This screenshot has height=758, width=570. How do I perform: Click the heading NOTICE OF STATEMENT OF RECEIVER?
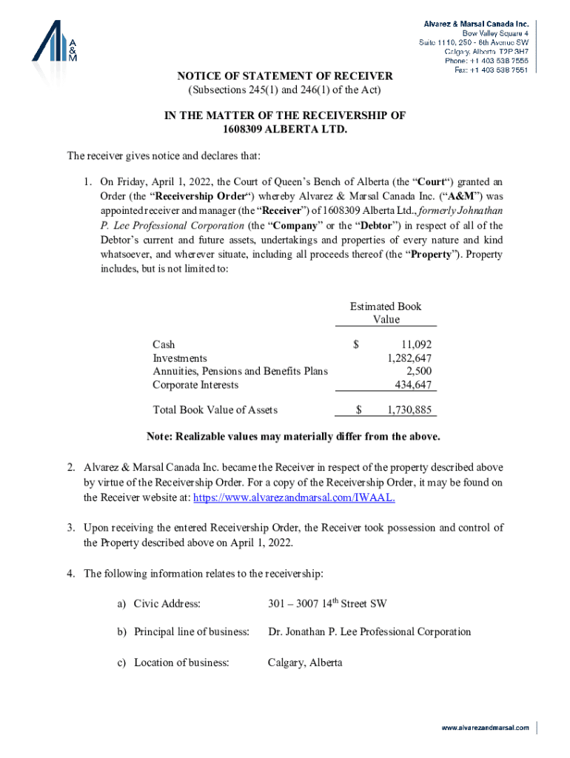(x=284, y=76)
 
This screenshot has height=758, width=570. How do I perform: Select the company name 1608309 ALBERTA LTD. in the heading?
(x=285, y=130)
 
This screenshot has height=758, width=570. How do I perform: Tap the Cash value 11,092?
(x=416, y=344)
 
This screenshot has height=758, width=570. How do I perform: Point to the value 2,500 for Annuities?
(x=419, y=372)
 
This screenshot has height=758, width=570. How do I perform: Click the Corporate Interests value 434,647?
(x=415, y=385)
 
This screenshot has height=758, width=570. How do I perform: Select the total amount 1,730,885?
(x=409, y=409)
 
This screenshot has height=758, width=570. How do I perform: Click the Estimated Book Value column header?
(x=386, y=312)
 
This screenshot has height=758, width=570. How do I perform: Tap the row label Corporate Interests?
(x=195, y=385)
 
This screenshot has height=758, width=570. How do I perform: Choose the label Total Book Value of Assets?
(x=215, y=409)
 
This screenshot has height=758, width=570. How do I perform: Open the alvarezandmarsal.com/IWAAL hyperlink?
(x=294, y=497)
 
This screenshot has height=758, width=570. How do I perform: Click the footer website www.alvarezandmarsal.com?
(x=486, y=728)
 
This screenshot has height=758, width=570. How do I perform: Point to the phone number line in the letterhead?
(x=485, y=61)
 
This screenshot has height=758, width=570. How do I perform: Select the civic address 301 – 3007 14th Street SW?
(x=326, y=603)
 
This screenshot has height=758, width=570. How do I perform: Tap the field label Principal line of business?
(x=191, y=631)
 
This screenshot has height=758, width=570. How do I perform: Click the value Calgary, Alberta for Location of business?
(x=305, y=663)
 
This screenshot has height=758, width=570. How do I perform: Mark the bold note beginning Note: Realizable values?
(x=293, y=436)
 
